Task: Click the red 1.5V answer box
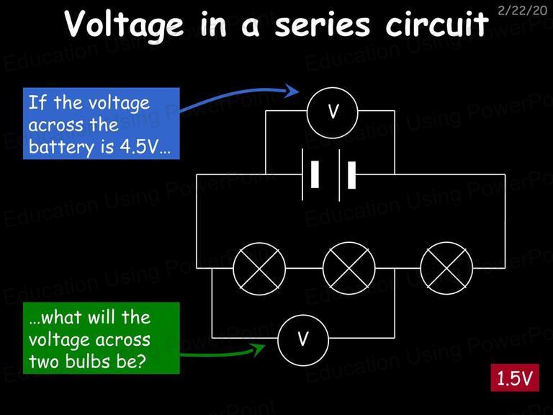[x=515, y=378]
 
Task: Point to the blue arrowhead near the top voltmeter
[x=292, y=91]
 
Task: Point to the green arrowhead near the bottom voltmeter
[x=258, y=349]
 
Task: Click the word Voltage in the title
[x=124, y=24]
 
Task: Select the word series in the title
[x=323, y=24]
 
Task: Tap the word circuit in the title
[x=437, y=23]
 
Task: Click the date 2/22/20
[x=522, y=10]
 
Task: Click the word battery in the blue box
[x=62, y=147]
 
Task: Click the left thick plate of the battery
[x=315, y=174]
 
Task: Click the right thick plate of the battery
[x=351, y=175]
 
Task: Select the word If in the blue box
[x=37, y=103]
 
